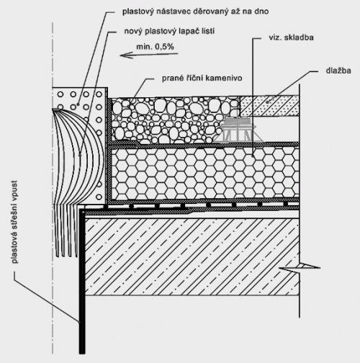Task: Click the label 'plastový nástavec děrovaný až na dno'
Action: point(195,12)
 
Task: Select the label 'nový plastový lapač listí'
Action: point(169,32)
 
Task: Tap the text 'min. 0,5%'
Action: point(155,47)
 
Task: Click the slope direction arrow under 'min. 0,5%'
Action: point(149,55)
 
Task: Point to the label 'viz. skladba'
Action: point(291,37)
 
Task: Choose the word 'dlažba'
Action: point(338,71)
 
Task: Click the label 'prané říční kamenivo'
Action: point(202,79)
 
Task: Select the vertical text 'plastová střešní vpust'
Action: point(15,222)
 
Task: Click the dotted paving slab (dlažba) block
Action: point(269,106)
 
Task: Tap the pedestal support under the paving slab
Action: point(238,130)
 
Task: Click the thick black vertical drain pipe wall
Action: point(82,281)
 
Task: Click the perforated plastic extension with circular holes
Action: point(80,145)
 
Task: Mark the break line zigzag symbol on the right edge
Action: point(300,267)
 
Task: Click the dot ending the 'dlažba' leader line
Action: point(268,102)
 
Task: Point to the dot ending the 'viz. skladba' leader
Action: point(253,156)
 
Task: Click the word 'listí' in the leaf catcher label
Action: point(207,32)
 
